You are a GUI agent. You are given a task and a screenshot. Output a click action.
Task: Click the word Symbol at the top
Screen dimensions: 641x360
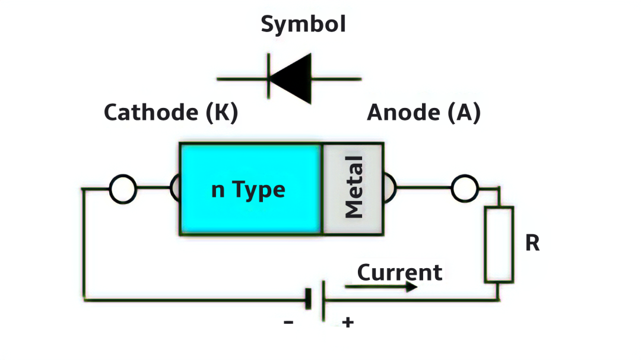303,24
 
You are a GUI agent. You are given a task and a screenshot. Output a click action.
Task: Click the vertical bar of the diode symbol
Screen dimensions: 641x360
268,76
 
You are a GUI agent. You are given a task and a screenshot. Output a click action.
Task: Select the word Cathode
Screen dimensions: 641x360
151,112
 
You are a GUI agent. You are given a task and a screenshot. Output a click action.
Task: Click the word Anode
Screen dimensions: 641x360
404,112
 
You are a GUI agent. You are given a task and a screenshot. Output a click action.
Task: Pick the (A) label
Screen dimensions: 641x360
464,113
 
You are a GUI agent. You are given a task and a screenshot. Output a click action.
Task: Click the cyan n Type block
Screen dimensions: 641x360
250,189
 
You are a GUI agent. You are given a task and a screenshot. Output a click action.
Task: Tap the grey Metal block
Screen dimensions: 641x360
353,189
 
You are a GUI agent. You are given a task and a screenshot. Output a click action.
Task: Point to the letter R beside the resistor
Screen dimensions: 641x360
532,243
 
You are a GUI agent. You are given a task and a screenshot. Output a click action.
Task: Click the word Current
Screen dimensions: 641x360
399,273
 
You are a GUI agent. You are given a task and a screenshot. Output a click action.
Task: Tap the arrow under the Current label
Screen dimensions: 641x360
381,287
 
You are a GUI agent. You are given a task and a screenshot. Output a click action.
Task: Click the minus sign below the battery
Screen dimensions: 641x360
288,323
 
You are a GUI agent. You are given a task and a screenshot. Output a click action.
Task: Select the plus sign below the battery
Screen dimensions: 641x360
348,323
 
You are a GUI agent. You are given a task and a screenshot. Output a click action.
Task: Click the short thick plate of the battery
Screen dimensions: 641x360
308,299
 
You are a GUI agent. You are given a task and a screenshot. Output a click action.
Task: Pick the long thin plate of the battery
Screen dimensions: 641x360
323,301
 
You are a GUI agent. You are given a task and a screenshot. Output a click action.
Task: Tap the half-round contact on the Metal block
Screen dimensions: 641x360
394,188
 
